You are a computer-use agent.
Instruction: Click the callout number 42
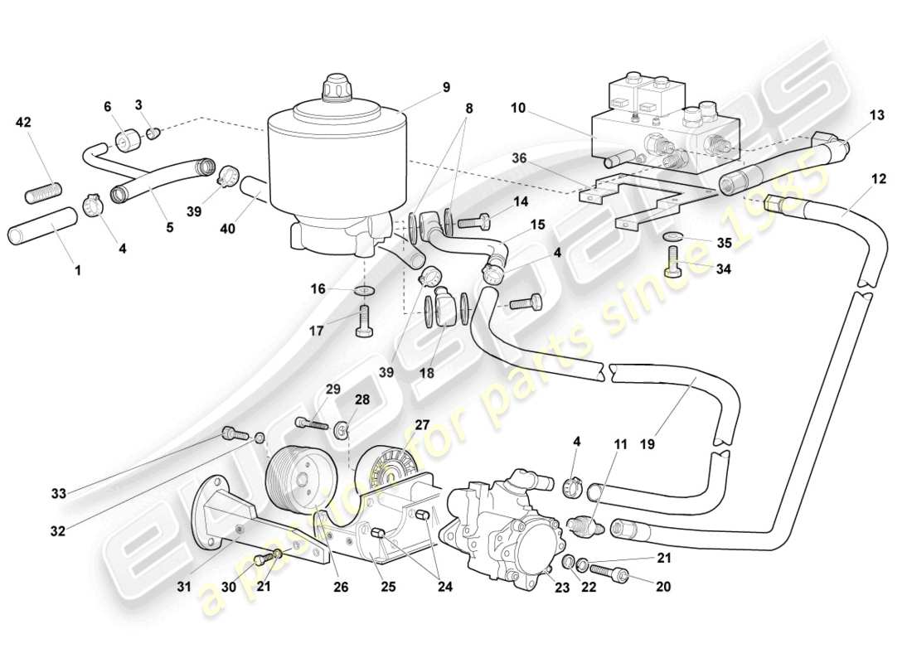tap(23, 123)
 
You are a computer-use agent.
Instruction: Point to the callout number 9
tap(446, 86)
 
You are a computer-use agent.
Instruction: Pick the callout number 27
tap(421, 424)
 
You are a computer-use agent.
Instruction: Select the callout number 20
tap(662, 587)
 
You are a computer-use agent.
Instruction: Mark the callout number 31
tap(183, 587)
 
